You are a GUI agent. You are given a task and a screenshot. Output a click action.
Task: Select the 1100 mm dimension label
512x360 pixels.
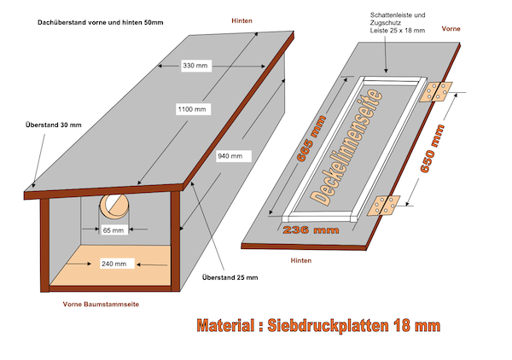click(193, 109)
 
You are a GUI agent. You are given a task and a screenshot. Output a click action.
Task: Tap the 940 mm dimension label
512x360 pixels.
click(230, 156)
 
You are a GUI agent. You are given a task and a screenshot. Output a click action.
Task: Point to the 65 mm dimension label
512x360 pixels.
click(113, 230)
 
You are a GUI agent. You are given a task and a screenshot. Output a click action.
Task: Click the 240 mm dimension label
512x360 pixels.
click(113, 264)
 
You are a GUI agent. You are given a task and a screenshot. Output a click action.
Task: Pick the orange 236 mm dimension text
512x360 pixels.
click(308, 230)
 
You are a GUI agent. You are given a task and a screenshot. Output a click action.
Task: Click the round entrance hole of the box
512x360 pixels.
click(113, 206)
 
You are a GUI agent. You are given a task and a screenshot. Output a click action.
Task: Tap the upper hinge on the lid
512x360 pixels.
click(439, 91)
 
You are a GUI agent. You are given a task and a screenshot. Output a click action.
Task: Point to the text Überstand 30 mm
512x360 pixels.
click(52, 125)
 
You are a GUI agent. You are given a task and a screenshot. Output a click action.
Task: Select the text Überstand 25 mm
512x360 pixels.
click(229, 277)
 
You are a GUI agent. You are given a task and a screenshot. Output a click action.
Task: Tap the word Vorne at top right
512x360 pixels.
click(452, 28)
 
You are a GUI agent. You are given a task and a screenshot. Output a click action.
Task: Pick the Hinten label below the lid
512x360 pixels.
click(301, 259)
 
